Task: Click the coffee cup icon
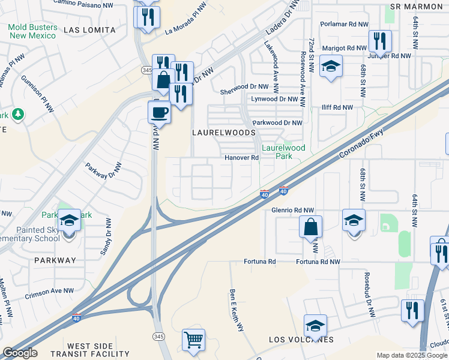pyautogui.click(x=160, y=112)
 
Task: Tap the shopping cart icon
pyautogui.click(x=193, y=340)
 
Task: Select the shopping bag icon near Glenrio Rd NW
pyautogui.click(x=310, y=227)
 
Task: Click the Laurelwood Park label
pyautogui.click(x=284, y=152)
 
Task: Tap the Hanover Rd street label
pyautogui.click(x=241, y=158)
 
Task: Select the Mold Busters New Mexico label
pyautogui.click(x=34, y=31)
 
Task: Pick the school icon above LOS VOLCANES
pyautogui.click(x=315, y=326)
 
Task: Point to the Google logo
pyautogui.click(x=20, y=353)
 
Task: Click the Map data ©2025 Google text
pyautogui.click(x=411, y=355)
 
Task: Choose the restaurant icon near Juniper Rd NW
pyautogui.click(x=379, y=41)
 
